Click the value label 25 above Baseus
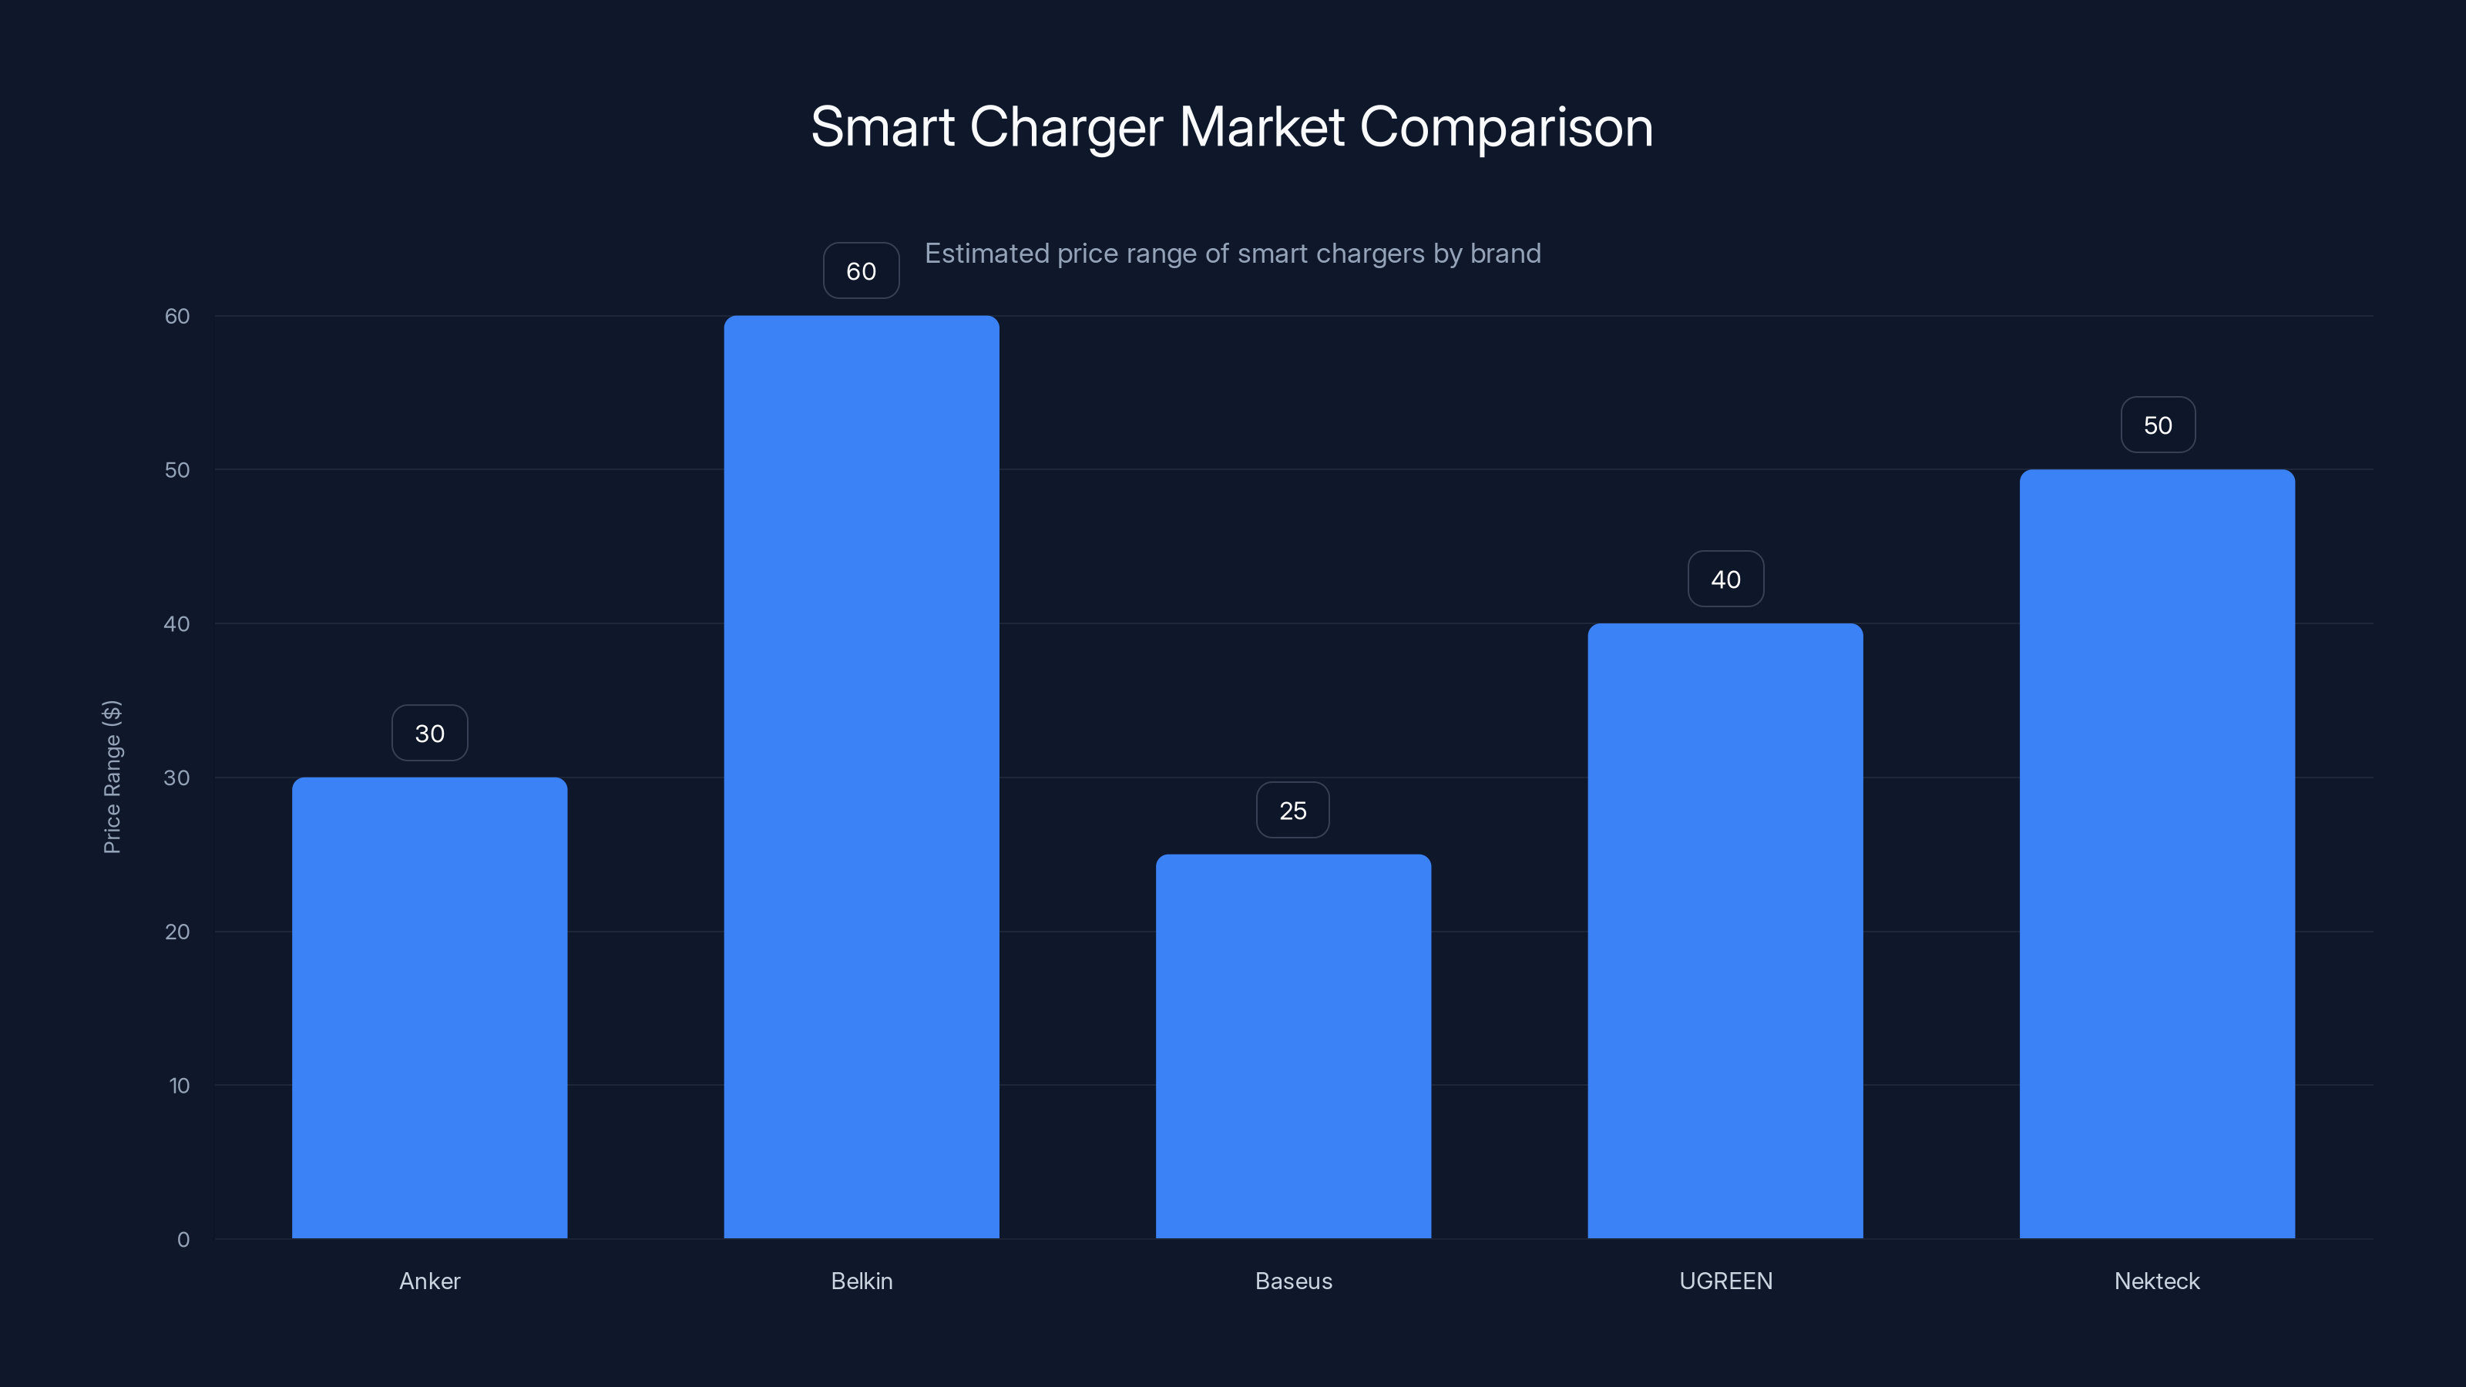1292,811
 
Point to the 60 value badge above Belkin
861,271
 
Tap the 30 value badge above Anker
429,734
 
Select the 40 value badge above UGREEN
1725,579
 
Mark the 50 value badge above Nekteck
2157,425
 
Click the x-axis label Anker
429,1281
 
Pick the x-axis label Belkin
861,1281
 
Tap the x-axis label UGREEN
1725,1281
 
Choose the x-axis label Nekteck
2157,1281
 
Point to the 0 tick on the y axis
183,1240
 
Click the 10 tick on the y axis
179,1086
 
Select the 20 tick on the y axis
177,932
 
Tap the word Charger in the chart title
1067,127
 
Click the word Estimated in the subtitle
986,254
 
